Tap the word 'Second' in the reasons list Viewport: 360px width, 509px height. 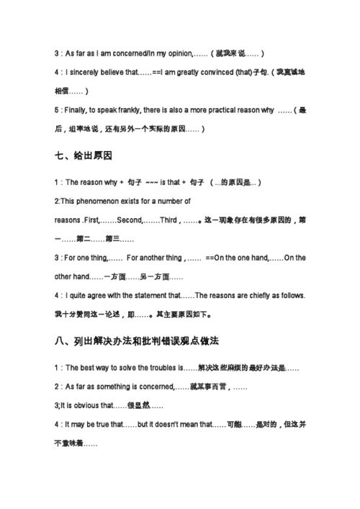click(x=130, y=220)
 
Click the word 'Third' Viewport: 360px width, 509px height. click(x=170, y=220)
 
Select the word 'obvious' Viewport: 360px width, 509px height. click(x=86, y=405)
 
